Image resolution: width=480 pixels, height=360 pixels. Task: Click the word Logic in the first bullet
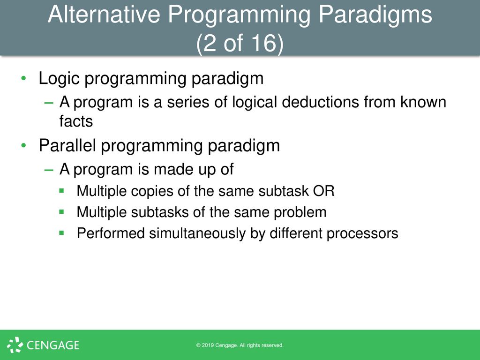coord(59,79)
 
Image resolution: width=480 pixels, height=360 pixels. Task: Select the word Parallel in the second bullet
coord(67,145)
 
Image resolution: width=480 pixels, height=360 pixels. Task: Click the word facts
coord(76,121)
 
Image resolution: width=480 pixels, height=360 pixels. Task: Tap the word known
coord(423,102)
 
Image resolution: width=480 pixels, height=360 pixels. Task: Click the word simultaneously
coord(197,233)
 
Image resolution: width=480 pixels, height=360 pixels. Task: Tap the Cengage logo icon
coord(15,345)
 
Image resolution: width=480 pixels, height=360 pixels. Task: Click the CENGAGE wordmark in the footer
coord(53,345)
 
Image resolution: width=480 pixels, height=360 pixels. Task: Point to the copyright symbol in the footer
coord(198,345)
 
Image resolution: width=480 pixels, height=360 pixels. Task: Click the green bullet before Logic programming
coord(23,78)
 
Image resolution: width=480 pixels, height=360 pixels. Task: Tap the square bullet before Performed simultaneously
coord(61,233)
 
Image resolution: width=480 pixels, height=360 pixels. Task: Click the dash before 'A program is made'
coord(49,170)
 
